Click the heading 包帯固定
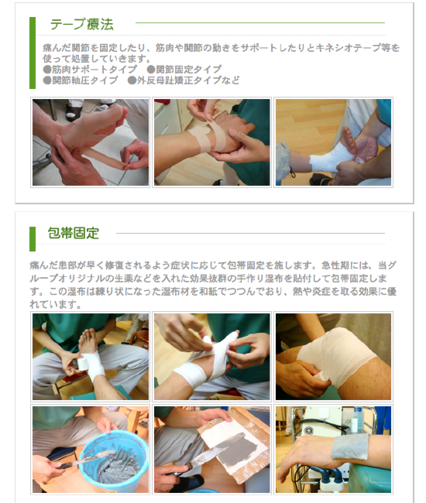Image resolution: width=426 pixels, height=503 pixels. click(x=74, y=233)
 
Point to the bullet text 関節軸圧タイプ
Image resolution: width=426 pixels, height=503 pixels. click(x=85, y=80)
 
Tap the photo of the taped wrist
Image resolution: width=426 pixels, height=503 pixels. click(x=211, y=142)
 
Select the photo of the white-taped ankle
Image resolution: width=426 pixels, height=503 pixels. click(x=333, y=142)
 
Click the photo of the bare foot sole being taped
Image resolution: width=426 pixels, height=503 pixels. click(x=90, y=142)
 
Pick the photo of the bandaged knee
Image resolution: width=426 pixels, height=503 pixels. click(x=333, y=356)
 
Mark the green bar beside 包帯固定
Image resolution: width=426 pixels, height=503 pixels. click(x=33, y=238)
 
